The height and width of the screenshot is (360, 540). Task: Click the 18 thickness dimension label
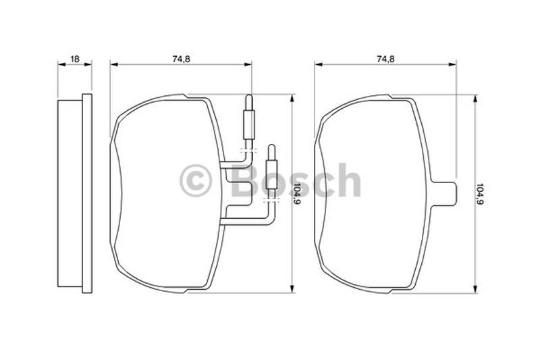pyautogui.click(x=74, y=59)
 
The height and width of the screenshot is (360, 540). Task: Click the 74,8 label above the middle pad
pyautogui.click(x=181, y=59)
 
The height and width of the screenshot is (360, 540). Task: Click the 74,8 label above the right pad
pyautogui.click(x=385, y=59)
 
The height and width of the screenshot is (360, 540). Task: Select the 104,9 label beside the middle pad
pyautogui.click(x=296, y=194)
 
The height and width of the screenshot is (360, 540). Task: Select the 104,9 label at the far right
pyautogui.click(x=480, y=194)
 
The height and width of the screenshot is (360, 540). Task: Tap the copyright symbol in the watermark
pyautogui.click(x=195, y=180)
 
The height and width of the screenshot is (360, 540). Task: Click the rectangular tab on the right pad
pyautogui.click(x=444, y=194)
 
